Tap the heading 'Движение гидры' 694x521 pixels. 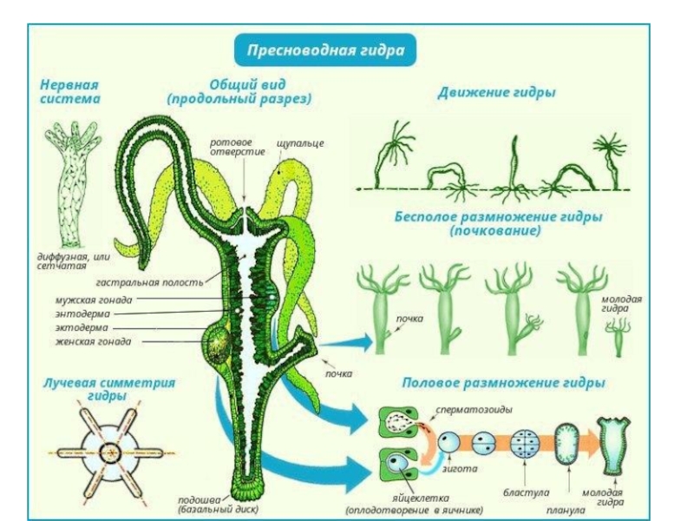pyautogui.click(x=496, y=92)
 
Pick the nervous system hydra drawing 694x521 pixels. pyautogui.click(x=69, y=182)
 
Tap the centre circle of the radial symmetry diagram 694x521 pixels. pyautogui.click(x=109, y=453)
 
